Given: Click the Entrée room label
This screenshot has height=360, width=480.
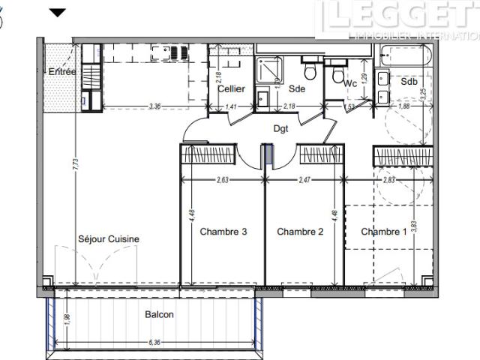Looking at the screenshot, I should [63, 71].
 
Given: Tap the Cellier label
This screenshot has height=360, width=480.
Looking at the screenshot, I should [232, 88].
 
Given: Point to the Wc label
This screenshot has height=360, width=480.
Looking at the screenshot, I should [349, 84].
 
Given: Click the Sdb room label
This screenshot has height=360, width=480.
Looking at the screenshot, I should [409, 81].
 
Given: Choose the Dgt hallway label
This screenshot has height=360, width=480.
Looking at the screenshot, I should [280, 128].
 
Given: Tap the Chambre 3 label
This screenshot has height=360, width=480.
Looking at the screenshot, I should [223, 232].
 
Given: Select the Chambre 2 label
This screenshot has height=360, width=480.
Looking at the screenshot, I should [300, 232].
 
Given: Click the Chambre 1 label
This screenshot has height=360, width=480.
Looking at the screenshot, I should [384, 232].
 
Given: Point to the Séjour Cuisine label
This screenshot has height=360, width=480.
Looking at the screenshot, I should [109, 239].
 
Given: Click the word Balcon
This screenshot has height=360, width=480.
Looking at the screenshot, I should [159, 315].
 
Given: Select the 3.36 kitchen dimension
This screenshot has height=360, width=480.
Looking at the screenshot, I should [155, 106].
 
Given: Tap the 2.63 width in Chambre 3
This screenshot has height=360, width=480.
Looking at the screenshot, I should [223, 180].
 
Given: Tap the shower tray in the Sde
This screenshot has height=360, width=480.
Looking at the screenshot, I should [268, 70].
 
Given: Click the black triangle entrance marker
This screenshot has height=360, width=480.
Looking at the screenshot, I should [58, 13].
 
